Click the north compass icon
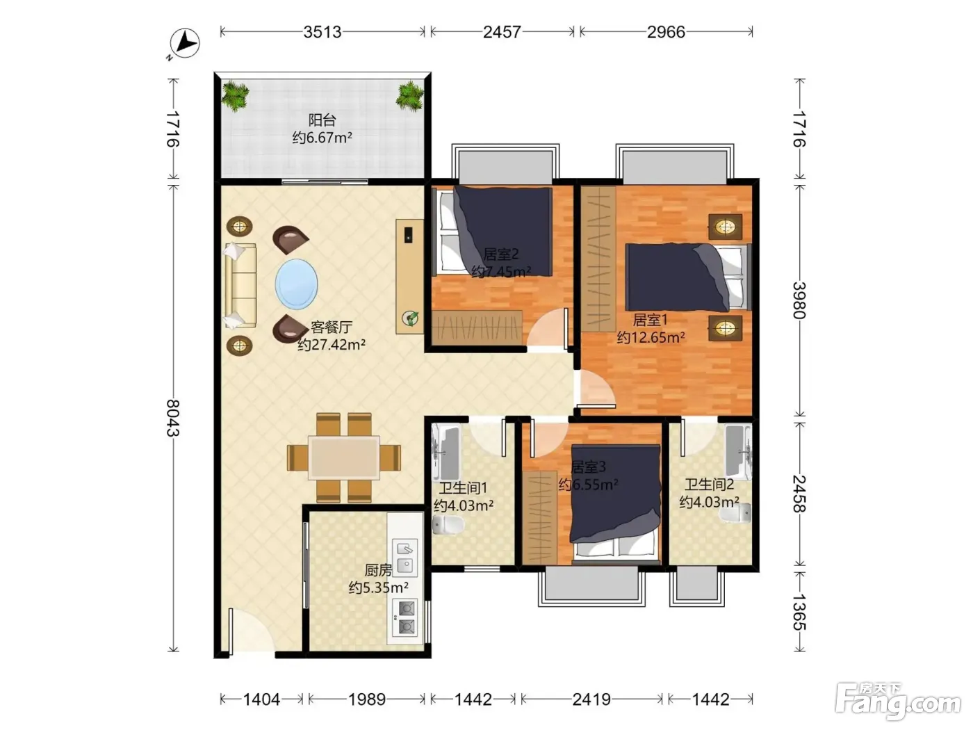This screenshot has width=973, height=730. point(184,43)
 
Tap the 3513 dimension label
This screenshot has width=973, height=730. point(322,32)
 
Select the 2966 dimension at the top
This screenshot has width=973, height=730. point(666,32)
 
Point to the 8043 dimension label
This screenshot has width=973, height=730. point(173,418)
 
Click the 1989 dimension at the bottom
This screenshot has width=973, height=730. point(366,699)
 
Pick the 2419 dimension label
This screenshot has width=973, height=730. point(591,699)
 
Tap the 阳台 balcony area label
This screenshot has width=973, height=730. point(322,120)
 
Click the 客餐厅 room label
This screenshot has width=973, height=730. point(332,327)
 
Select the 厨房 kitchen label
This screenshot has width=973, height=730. point(378,570)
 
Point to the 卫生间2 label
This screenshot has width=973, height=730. point(710,485)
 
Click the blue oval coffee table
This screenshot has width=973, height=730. point(296,284)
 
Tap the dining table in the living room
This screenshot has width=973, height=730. point(344,458)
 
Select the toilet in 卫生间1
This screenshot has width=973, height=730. point(448,525)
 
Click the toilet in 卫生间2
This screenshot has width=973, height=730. point(735,513)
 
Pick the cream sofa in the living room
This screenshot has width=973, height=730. point(240,286)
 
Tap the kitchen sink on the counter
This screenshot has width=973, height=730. point(404,558)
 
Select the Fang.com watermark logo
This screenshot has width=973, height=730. point(898,701)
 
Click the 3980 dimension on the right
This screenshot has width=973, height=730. point(799,300)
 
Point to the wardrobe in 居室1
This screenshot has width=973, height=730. point(598,259)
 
